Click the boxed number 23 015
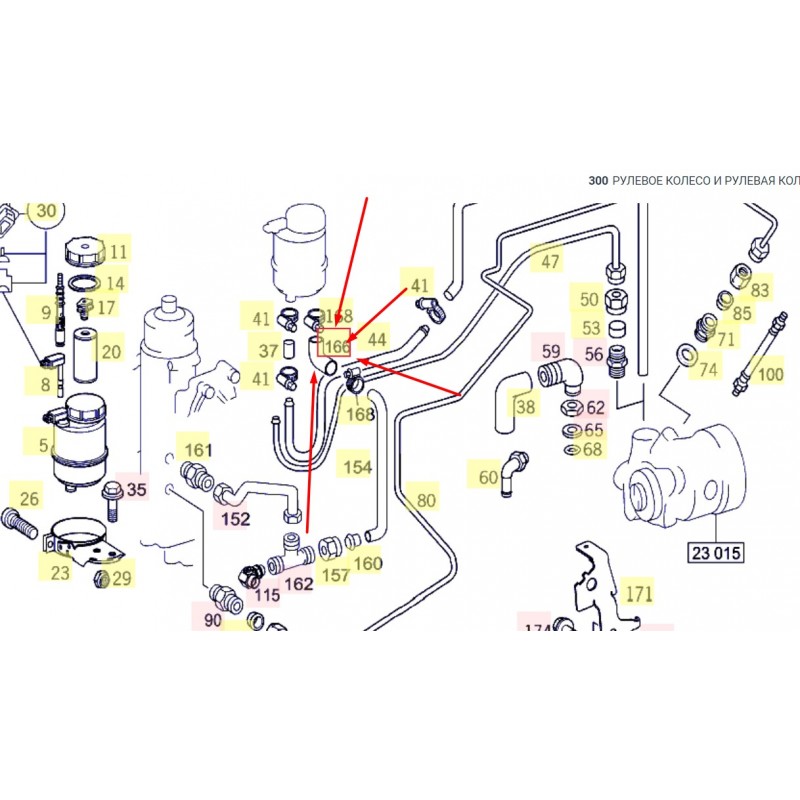click(717, 551)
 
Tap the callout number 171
click(639, 593)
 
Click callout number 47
click(550, 262)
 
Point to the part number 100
click(769, 375)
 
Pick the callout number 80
click(427, 500)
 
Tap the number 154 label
click(357, 467)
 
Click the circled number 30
click(46, 211)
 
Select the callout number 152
click(235, 518)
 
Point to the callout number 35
click(136, 490)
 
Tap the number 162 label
click(299, 583)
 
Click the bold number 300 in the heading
click(598, 180)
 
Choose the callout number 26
click(30, 497)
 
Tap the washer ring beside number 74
click(687, 354)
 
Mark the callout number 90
click(213, 620)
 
